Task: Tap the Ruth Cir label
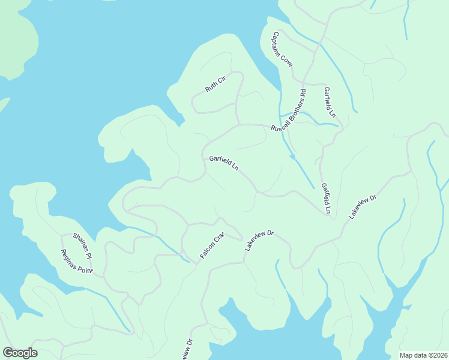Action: pyautogui.click(x=214, y=84)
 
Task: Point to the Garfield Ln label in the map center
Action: pyautogui.click(x=224, y=163)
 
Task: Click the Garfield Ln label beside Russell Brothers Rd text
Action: pyautogui.click(x=330, y=102)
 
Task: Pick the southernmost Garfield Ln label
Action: pyautogui.click(x=325, y=199)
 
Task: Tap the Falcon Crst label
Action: pyautogui.click(x=211, y=245)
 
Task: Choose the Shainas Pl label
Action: pyautogui.click(x=82, y=246)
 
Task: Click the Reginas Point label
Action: pyautogui.click(x=77, y=262)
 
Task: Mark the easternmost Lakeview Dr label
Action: pyautogui.click(x=362, y=206)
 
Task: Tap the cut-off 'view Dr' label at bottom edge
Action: pyautogui.click(x=187, y=350)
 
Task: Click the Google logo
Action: pyautogui.click(x=20, y=353)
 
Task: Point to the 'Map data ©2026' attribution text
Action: pyautogui.click(x=423, y=355)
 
